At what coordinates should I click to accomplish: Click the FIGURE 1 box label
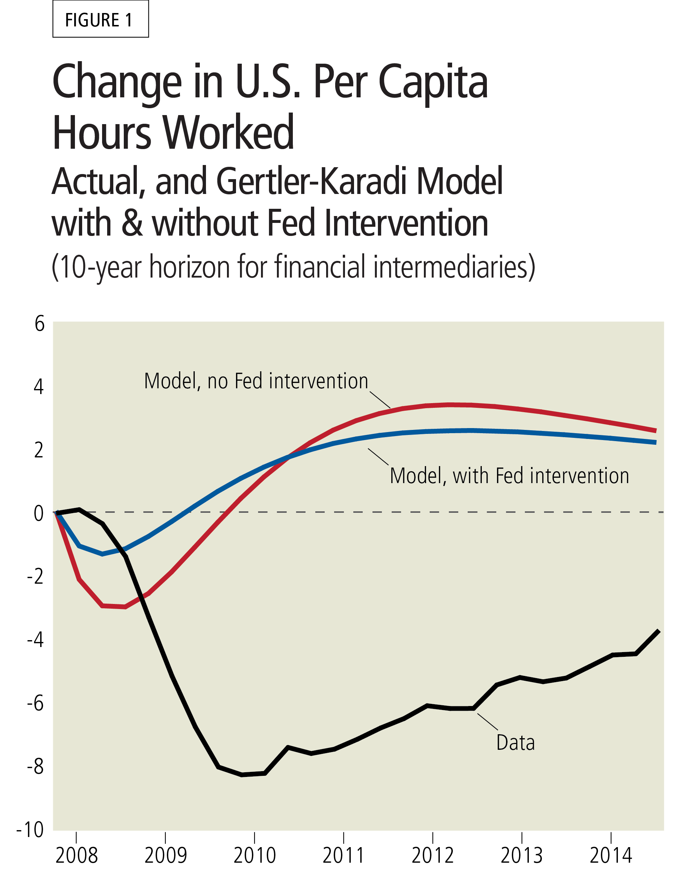(100, 20)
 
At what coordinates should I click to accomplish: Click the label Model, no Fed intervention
(256, 381)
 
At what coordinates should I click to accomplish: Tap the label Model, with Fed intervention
(509, 476)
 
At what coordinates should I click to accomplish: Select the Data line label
(515, 743)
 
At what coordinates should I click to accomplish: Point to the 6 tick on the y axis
(39, 324)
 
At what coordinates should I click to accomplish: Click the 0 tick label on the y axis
(39, 513)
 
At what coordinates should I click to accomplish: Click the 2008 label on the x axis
(76, 856)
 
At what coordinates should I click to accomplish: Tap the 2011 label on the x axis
(343, 856)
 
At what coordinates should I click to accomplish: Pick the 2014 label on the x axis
(610, 856)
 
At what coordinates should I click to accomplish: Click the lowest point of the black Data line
(242, 775)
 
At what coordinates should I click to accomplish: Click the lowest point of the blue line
(103, 554)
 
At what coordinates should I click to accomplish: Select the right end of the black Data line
(658, 631)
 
